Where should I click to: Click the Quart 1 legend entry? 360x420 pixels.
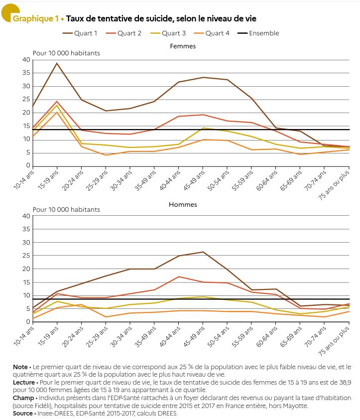(x=80, y=33)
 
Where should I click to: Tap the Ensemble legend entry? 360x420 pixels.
(x=258, y=33)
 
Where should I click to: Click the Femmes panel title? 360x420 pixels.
(x=183, y=46)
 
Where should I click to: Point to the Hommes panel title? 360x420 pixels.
(x=183, y=205)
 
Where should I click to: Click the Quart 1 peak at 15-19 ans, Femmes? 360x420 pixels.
(x=57, y=63)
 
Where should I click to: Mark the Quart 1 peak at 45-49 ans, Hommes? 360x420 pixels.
(x=203, y=252)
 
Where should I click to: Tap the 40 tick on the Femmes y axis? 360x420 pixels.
(x=26, y=60)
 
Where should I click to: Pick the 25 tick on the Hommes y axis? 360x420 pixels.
(x=26, y=256)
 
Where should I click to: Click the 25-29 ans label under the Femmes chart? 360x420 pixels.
(x=97, y=180)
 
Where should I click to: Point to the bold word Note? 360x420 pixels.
(x=20, y=367)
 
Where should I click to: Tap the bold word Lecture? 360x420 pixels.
(x=24, y=383)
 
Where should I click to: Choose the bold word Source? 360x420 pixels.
(x=23, y=414)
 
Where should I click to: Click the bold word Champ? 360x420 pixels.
(x=23, y=398)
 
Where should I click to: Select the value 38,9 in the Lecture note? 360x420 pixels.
(x=345, y=383)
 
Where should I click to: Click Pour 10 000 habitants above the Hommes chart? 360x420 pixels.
(x=66, y=209)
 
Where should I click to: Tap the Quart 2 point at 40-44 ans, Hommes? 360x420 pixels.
(x=179, y=277)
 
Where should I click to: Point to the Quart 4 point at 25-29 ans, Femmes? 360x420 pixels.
(x=106, y=155)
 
